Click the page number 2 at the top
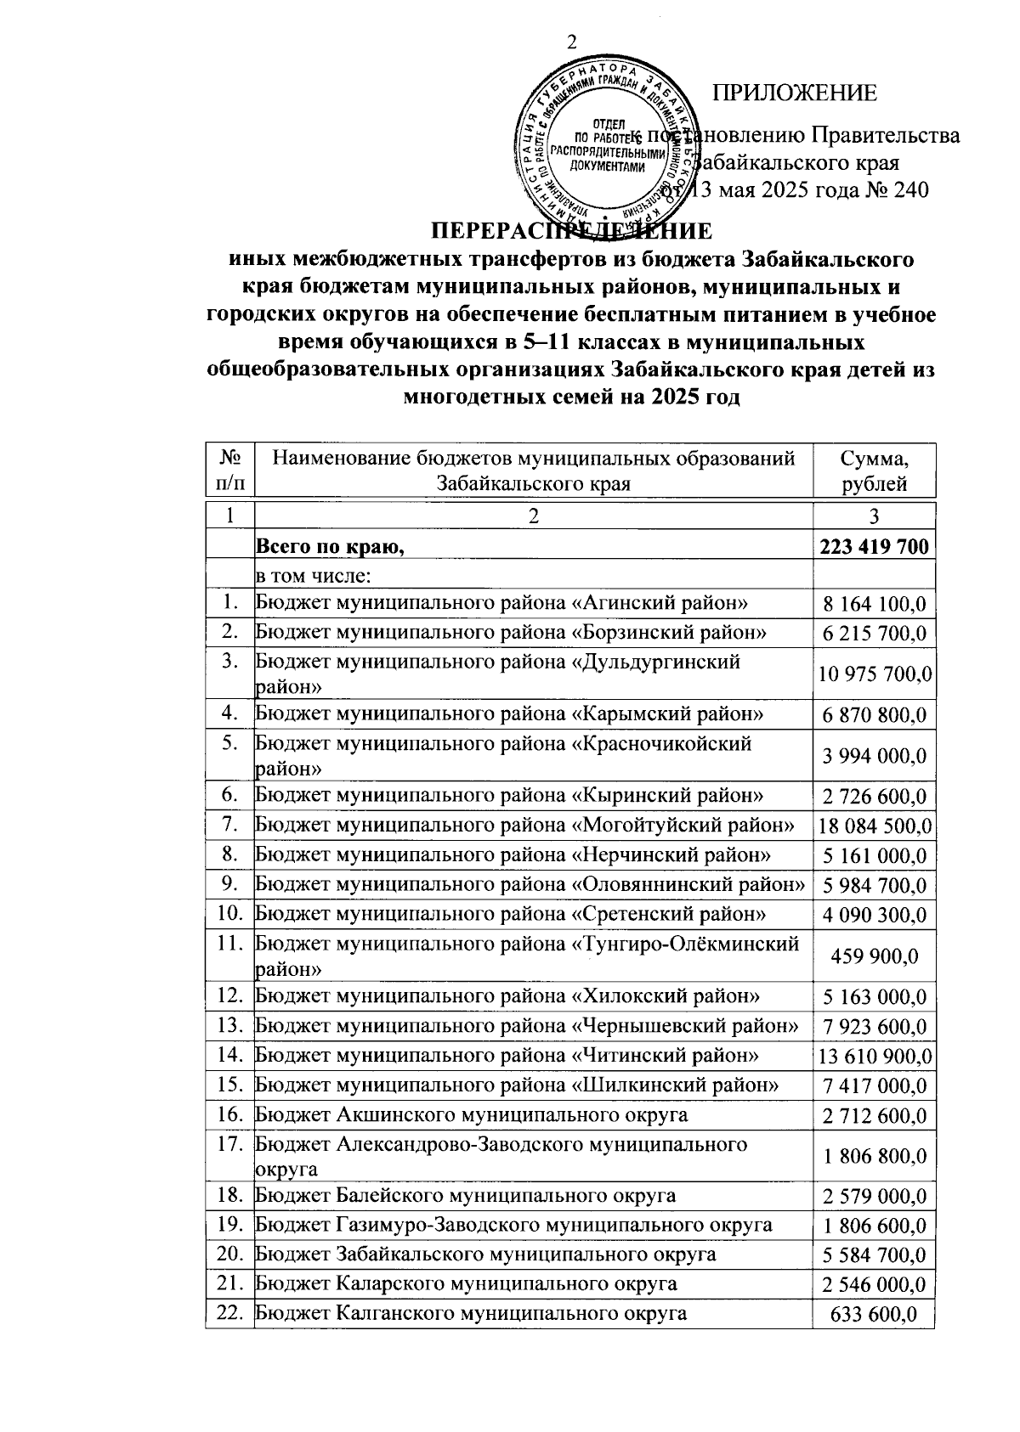click(x=571, y=42)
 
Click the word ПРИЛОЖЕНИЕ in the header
click(x=794, y=93)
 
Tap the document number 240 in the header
click(x=907, y=189)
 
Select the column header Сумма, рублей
click(x=874, y=471)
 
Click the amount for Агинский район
click(x=874, y=604)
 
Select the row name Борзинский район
click(x=511, y=633)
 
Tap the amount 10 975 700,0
click(x=874, y=674)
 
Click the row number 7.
click(x=228, y=824)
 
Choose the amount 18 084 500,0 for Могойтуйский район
click(x=874, y=826)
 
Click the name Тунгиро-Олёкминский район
click(x=527, y=955)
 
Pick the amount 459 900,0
click(x=874, y=956)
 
